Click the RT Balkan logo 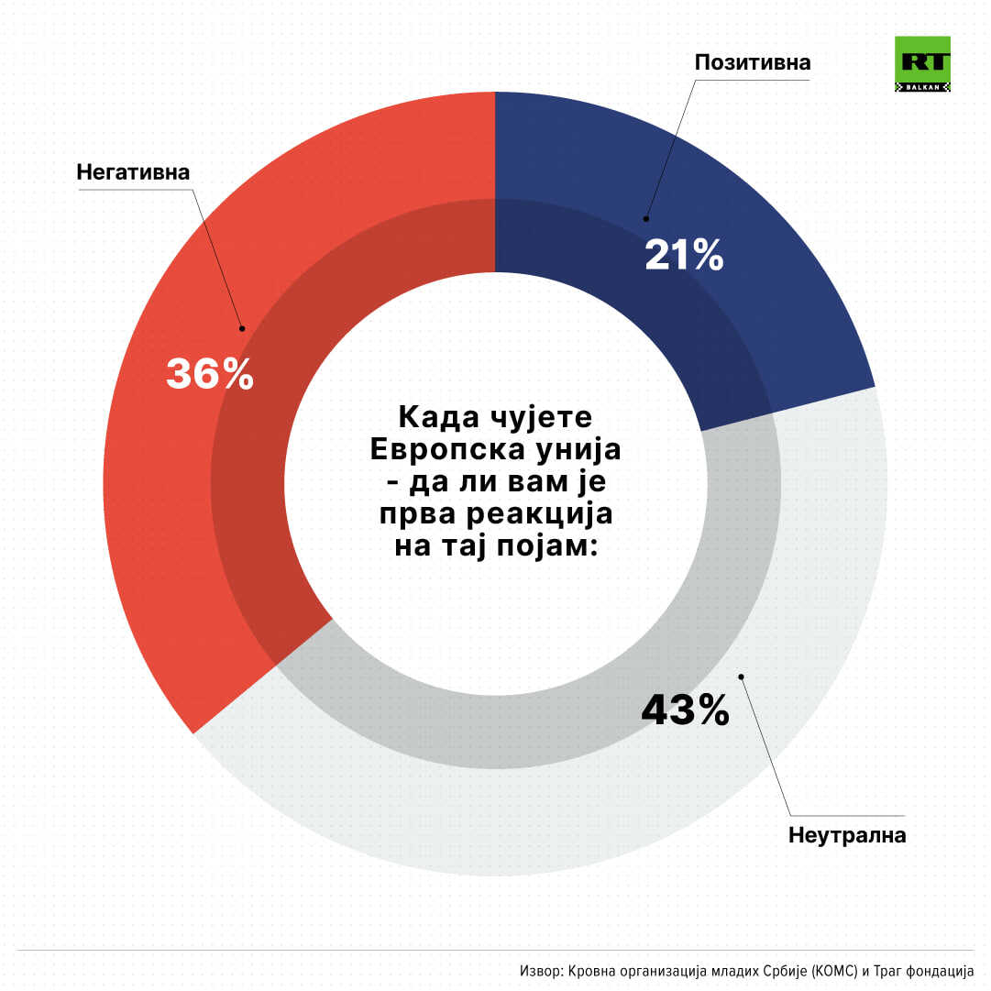tap(921, 64)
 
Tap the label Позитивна tap(753, 62)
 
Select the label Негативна tap(133, 172)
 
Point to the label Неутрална tap(847, 835)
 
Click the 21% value tap(684, 256)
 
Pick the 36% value tap(209, 374)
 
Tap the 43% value tap(685, 710)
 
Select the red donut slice tap(183, 458)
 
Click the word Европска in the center tap(430, 451)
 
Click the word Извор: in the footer tap(542, 970)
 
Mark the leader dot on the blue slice tap(645, 218)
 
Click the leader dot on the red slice tap(242, 327)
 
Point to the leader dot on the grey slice tap(741, 677)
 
